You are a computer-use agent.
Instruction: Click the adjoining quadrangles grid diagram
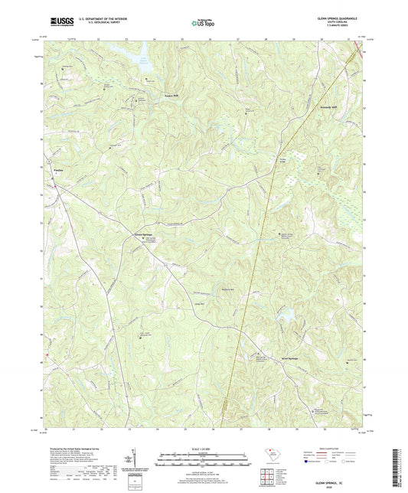tap(268, 475)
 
